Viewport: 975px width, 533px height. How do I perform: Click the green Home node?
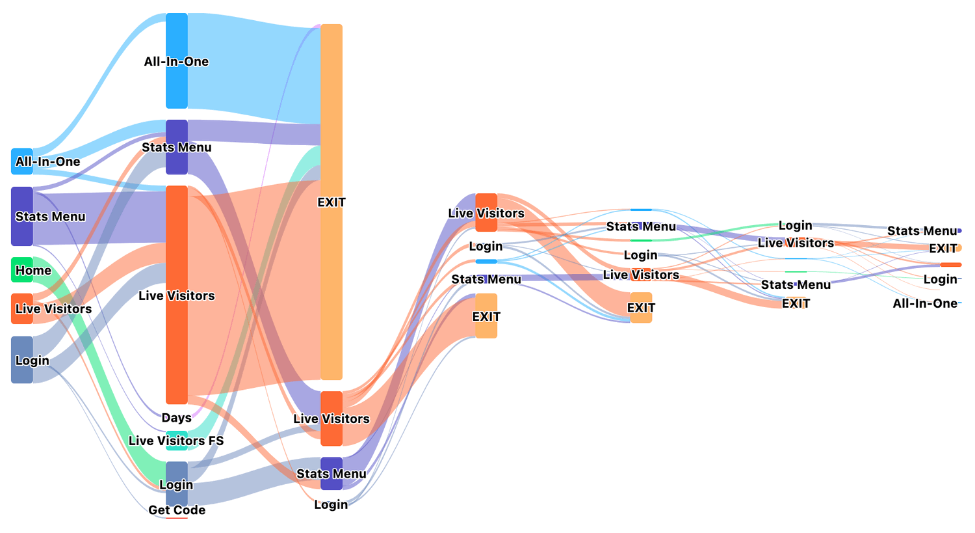coord(21,270)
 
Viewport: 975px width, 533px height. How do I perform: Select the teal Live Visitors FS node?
coord(177,441)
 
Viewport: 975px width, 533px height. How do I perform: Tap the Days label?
coord(176,418)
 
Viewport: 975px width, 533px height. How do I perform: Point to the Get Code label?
coord(177,510)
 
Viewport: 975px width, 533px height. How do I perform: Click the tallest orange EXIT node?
coord(331,202)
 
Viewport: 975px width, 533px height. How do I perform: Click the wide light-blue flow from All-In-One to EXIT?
coord(254,65)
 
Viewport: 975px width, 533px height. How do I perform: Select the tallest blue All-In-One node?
coord(177,61)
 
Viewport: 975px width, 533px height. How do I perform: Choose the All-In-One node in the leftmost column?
coord(21,161)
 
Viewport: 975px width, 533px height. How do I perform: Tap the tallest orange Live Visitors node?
coord(177,295)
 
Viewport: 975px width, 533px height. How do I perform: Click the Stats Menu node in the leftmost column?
coord(21,216)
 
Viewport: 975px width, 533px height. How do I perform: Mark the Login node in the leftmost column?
coord(21,359)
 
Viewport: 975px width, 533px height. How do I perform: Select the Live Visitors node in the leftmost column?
coord(21,308)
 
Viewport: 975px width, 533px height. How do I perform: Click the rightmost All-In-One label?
coord(925,303)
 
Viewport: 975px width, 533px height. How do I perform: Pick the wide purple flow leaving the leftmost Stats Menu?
coord(99,218)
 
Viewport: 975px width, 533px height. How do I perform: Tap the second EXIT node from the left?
coord(486,316)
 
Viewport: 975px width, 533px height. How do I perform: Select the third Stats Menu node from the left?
coord(486,279)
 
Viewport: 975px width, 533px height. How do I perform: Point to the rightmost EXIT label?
coord(942,249)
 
